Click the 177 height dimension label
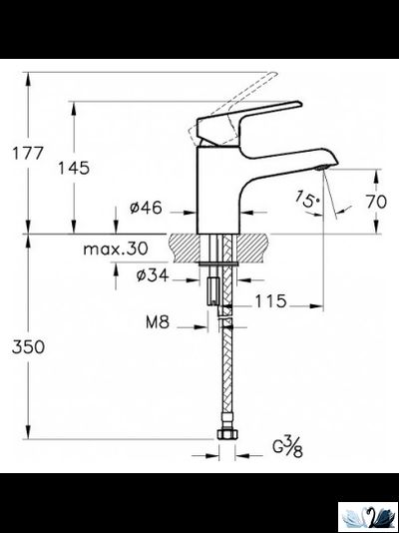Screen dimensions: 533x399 tap(26, 153)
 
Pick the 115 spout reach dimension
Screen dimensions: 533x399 tap(270, 300)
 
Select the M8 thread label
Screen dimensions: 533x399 tap(156, 321)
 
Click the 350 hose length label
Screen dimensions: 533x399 tap(26, 345)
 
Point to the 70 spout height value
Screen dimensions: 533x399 tap(374, 201)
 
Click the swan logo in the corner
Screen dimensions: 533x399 tap(368, 516)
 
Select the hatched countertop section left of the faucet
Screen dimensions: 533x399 tap(187, 245)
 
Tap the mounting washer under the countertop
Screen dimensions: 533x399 tap(220, 263)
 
